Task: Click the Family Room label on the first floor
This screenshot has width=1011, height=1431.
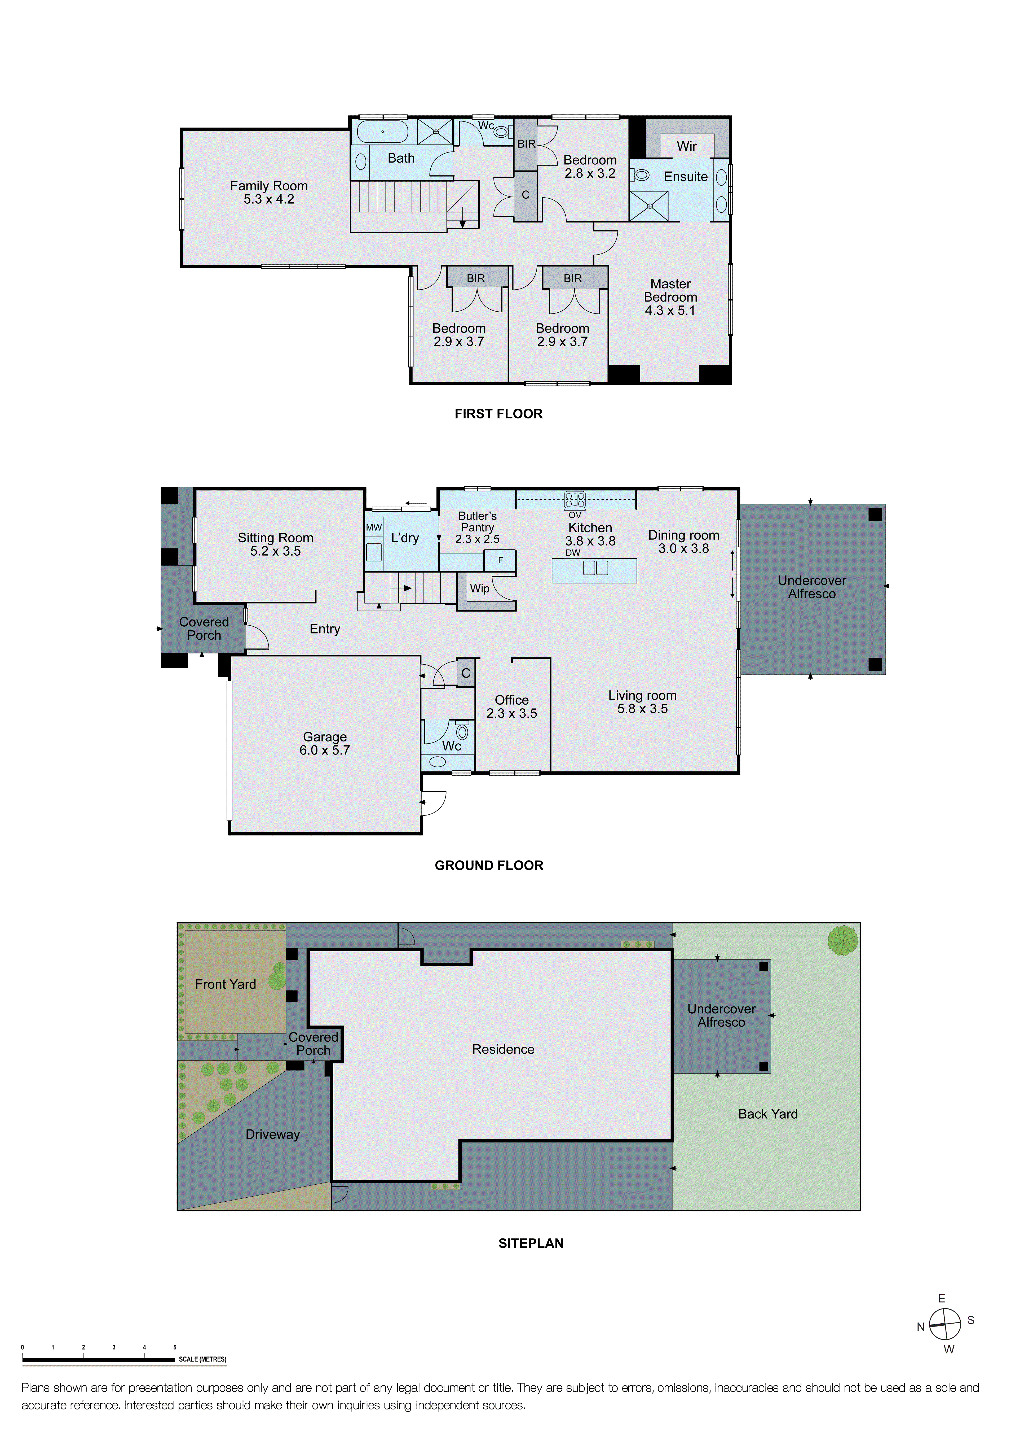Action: click(268, 186)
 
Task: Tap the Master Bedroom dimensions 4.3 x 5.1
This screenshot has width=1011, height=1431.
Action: click(670, 310)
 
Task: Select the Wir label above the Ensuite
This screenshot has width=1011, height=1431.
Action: click(686, 146)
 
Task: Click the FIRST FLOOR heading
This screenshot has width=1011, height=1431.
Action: click(498, 414)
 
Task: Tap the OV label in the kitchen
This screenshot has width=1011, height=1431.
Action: click(574, 515)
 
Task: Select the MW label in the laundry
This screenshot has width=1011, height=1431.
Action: click(374, 527)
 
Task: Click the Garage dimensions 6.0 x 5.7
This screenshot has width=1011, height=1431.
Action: click(325, 751)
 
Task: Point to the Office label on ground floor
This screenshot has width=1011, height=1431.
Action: click(511, 700)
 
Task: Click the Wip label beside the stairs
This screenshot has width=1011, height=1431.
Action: click(479, 588)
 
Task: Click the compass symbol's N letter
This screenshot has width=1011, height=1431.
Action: click(920, 1327)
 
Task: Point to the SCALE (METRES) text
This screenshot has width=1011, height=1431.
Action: click(202, 1359)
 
